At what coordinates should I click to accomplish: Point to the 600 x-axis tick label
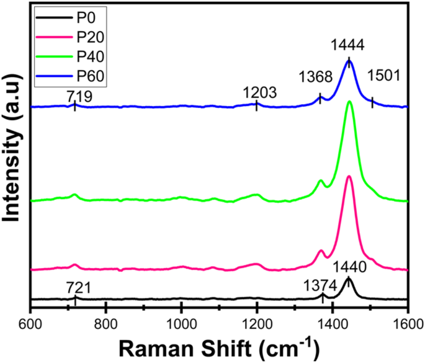[x=30, y=324]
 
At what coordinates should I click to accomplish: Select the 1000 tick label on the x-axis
[x=181, y=324]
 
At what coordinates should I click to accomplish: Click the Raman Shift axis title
[x=219, y=348]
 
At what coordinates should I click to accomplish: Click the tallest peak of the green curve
[x=349, y=102]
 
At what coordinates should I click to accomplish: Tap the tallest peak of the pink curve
[x=349, y=177]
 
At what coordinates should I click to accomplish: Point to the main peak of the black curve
[x=348, y=279]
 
